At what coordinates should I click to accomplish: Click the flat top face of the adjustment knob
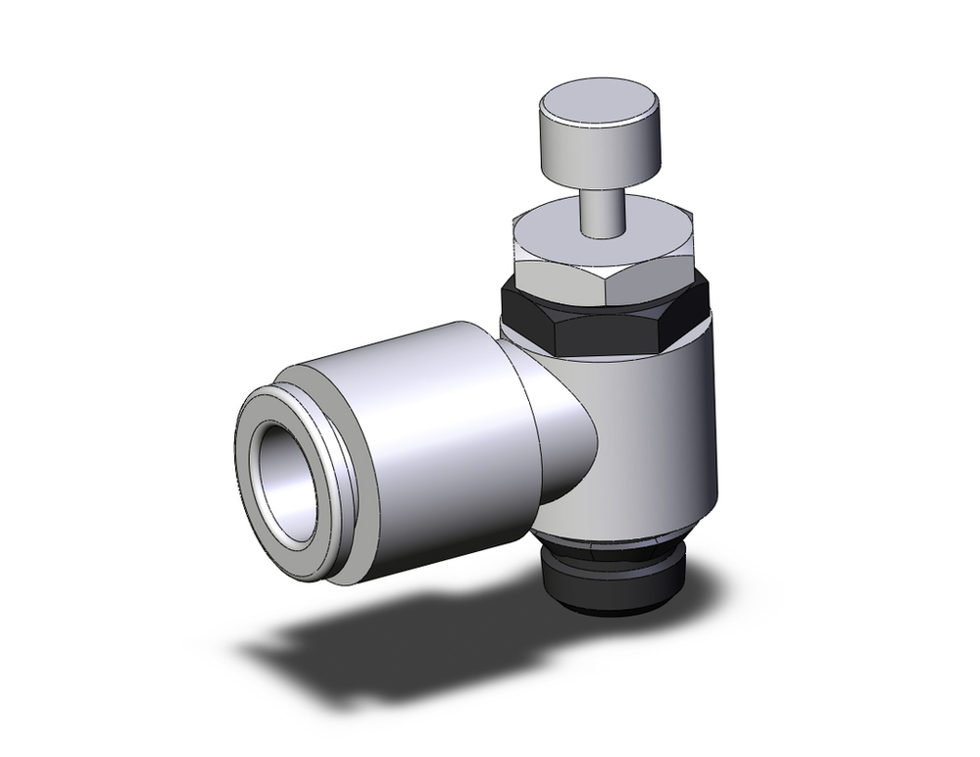(598, 100)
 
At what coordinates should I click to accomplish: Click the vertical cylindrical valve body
(647, 441)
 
